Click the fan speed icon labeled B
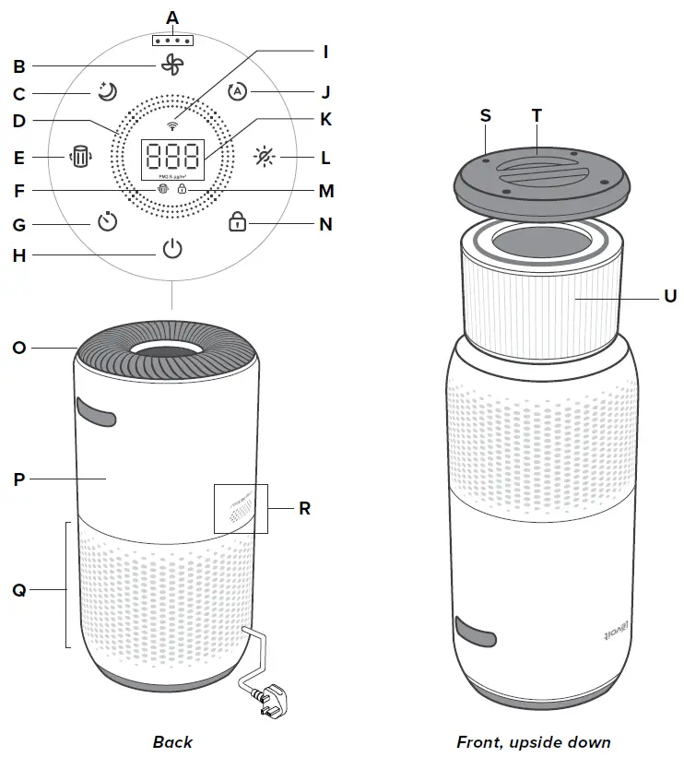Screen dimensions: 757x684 click(171, 64)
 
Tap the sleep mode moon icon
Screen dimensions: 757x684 click(107, 91)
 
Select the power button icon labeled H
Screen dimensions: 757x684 click(171, 249)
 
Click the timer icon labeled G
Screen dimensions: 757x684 click(108, 222)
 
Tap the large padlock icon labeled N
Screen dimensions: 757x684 click(237, 221)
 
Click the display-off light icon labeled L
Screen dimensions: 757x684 click(265, 158)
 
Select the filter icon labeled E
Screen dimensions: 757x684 click(81, 158)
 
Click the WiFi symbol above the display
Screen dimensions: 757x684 click(171, 124)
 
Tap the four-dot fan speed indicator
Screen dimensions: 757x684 click(171, 41)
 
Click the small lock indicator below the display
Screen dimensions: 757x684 click(183, 190)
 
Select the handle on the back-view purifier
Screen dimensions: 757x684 click(97, 411)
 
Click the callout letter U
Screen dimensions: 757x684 click(669, 296)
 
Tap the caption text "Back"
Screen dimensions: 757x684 click(172, 741)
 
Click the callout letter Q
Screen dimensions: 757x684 click(18, 590)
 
